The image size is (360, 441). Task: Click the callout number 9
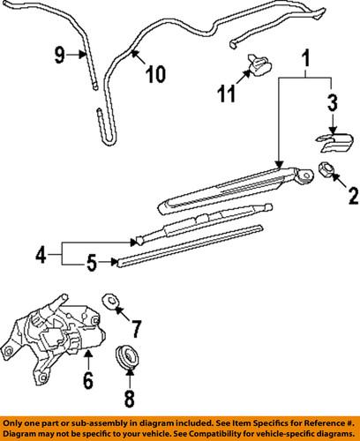coord(61,56)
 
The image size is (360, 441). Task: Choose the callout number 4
coord(40,256)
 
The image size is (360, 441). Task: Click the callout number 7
coord(136,331)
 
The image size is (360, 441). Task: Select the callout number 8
coord(129,398)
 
